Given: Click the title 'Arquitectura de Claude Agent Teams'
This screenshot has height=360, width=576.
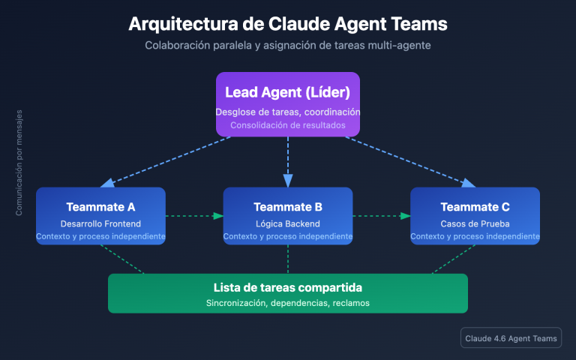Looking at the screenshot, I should point(288,23).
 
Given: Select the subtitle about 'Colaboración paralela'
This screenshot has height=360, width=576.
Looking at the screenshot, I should point(288,46).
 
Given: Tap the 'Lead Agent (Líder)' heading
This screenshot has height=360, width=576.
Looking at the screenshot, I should point(288,92).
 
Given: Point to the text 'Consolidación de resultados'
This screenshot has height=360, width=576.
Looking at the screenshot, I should point(288,125).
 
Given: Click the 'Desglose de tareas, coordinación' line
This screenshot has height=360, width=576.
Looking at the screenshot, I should point(288,112).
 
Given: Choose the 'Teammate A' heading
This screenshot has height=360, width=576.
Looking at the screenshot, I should point(100,207).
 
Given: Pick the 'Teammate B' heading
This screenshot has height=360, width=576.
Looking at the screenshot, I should point(288,207).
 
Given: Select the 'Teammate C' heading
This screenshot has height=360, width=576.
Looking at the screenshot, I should point(475,207).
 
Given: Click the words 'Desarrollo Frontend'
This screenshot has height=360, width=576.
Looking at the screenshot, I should point(100,223).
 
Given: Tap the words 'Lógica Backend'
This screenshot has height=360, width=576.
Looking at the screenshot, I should point(288,223).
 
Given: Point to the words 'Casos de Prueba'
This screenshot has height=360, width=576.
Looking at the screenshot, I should point(475,223).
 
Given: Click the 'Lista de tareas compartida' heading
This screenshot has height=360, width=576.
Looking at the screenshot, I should point(288,288).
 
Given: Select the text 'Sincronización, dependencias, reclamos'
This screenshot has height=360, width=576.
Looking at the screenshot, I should point(288,303).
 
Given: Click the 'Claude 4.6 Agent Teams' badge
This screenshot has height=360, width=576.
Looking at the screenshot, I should point(511,339).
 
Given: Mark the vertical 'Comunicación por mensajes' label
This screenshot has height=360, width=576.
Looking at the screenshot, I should point(19,163).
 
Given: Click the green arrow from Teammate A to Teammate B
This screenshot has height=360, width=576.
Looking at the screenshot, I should point(193,216).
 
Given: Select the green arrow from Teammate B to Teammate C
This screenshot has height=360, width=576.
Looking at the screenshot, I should point(381,216).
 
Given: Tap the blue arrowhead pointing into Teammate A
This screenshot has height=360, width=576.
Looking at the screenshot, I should point(106,183).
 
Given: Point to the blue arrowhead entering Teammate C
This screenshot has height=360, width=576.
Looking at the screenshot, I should point(469,183).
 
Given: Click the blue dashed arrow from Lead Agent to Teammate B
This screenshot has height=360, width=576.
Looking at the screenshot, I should point(288,161).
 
